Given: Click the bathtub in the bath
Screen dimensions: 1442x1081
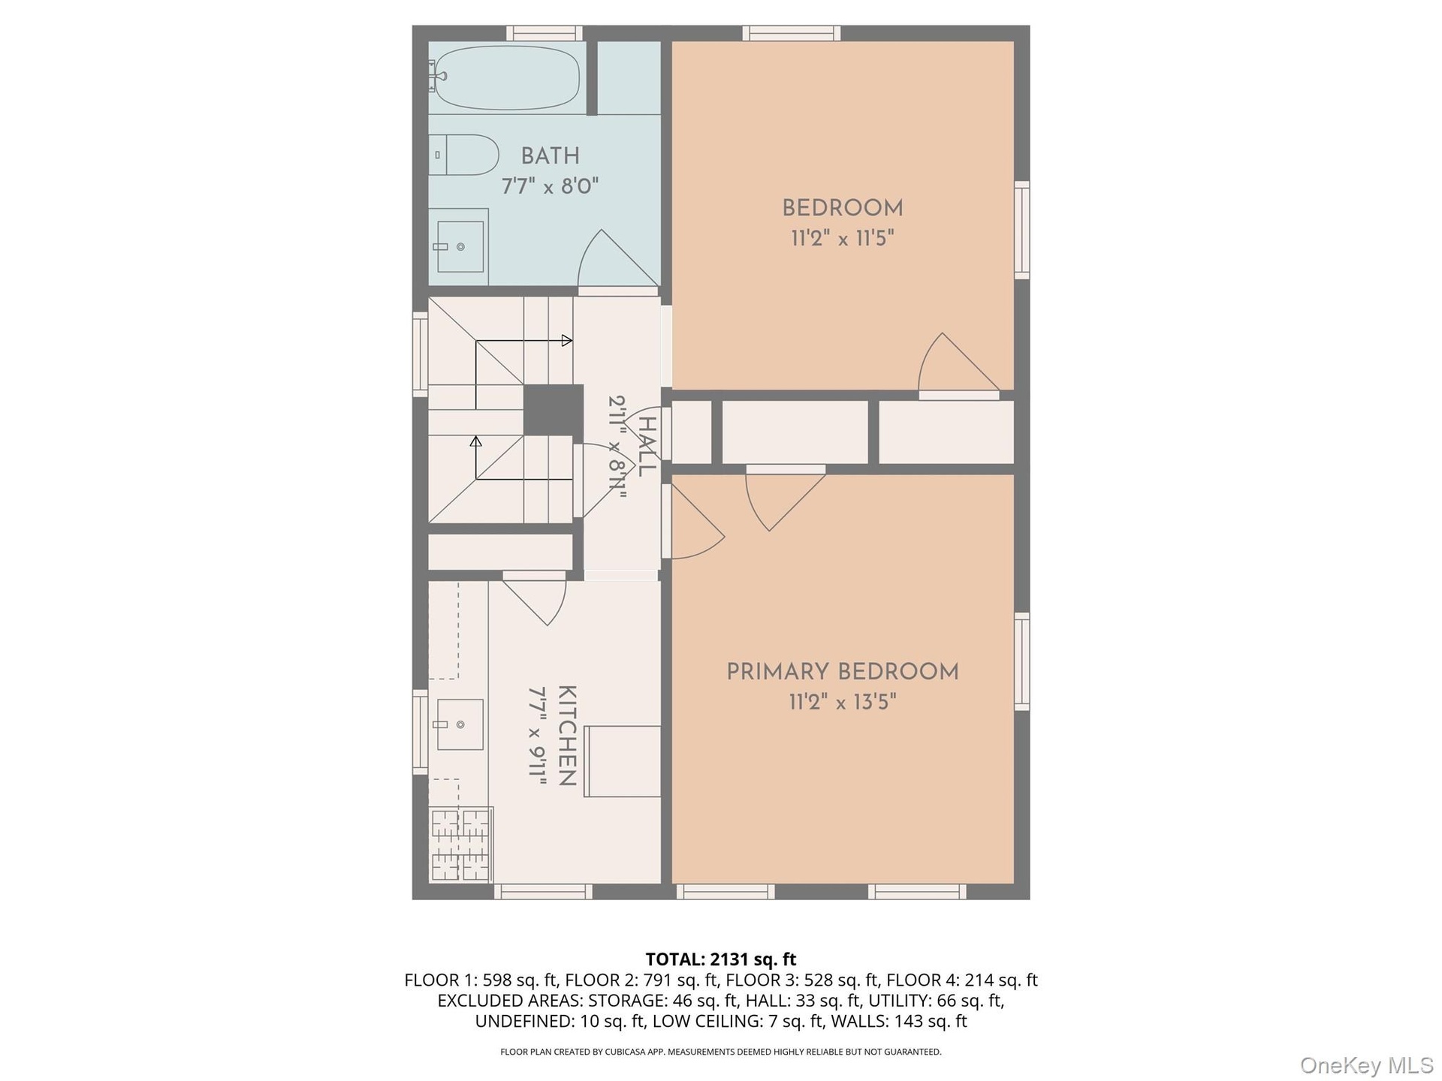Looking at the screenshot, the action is (508, 77).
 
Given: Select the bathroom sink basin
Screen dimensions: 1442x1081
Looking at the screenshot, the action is (460, 246).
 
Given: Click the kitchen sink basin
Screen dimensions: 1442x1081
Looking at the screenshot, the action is (460, 724).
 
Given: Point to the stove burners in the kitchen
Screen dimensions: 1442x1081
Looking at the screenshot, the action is (460, 845).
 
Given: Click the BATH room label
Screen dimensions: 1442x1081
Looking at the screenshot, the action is (551, 156).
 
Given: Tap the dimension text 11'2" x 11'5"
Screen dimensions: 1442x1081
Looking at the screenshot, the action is (843, 239).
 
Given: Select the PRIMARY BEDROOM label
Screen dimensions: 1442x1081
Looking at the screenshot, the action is (843, 672).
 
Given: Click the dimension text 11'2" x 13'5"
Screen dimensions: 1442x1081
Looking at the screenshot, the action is (843, 703).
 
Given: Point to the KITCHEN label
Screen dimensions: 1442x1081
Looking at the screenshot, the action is (567, 736).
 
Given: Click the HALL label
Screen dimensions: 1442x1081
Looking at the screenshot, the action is (647, 446).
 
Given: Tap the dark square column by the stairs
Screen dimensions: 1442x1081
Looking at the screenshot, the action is (553, 410).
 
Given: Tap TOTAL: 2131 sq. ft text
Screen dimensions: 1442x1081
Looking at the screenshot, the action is (721, 959).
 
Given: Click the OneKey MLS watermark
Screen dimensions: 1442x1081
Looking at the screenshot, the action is (1367, 1065).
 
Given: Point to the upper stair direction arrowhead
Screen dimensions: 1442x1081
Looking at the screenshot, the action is (567, 340).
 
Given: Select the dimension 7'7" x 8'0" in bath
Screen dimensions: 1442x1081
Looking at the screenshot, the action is (551, 186).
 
